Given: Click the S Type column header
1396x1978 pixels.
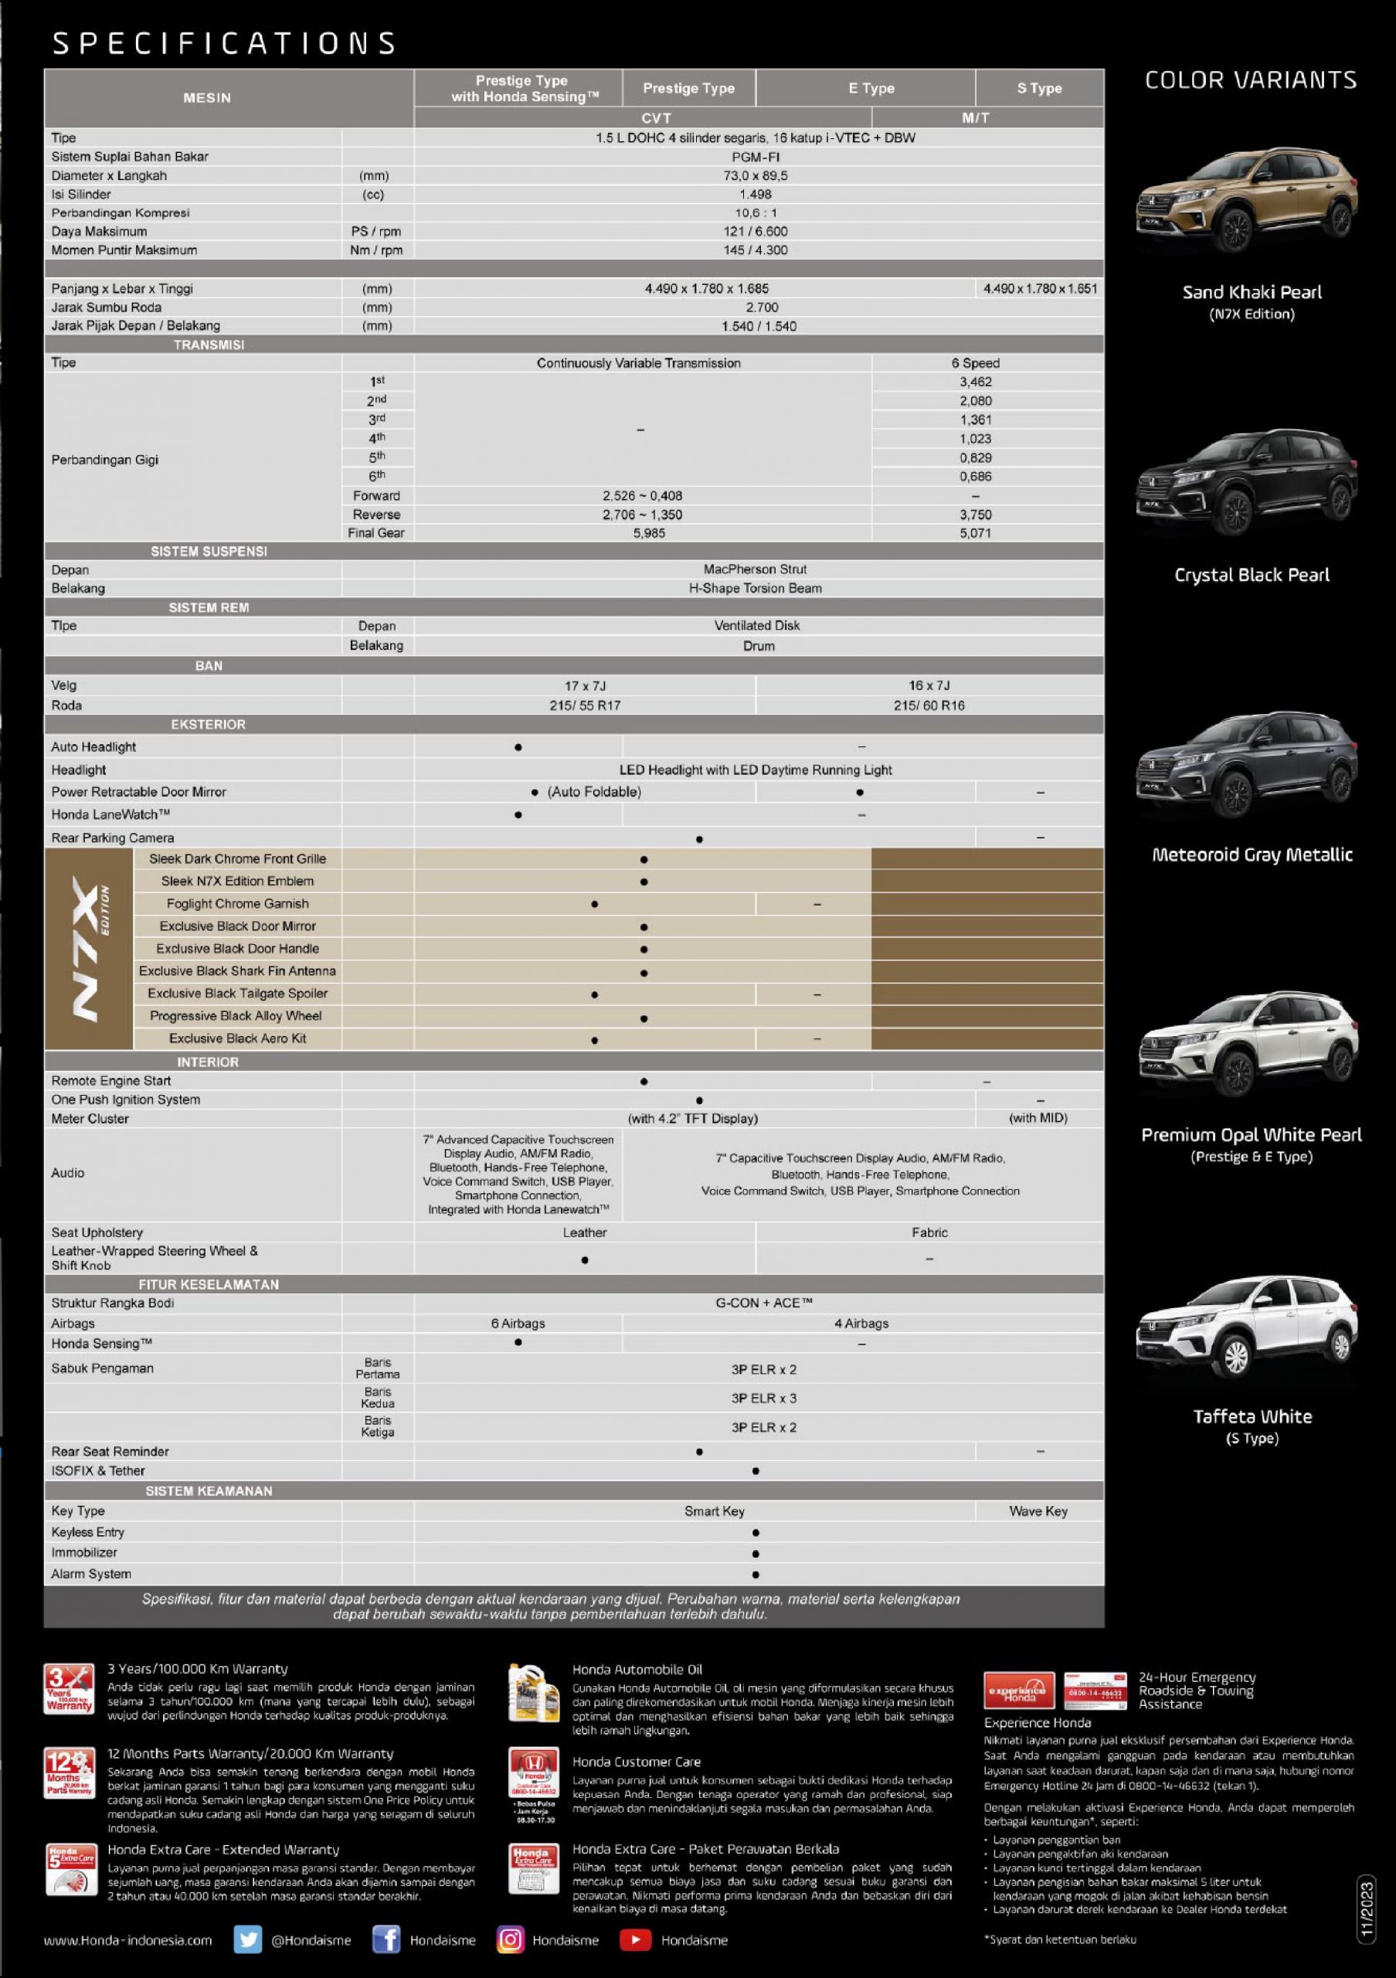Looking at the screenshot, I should [x=1038, y=88].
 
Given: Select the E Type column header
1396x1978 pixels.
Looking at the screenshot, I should [x=871, y=88].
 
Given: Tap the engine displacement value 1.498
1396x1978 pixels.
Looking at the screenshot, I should [x=756, y=195].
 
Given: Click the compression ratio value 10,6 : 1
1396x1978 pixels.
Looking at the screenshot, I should [x=756, y=212].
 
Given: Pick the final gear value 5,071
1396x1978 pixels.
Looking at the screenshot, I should [x=975, y=533].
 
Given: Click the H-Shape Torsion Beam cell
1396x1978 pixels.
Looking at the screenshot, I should [x=756, y=589].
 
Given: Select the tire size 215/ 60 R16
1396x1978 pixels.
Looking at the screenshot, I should [x=929, y=705].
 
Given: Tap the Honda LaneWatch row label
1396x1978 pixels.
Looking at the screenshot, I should [x=110, y=815].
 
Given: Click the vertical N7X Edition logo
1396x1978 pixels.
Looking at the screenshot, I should [x=90, y=949].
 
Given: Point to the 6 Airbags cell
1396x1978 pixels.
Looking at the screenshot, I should [x=518, y=1324].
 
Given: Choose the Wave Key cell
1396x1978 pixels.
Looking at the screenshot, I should [x=1038, y=1511].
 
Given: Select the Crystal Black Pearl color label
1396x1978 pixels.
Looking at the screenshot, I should [x=1252, y=575].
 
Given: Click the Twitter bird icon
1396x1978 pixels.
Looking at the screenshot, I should [x=248, y=1940].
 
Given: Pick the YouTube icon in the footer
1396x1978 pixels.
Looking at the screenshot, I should [x=635, y=1940].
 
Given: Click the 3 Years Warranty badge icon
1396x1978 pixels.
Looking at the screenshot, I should [x=69, y=1689].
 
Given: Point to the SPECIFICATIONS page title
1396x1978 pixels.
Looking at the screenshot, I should [x=224, y=43].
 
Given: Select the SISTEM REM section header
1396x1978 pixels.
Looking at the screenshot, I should [x=209, y=607].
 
